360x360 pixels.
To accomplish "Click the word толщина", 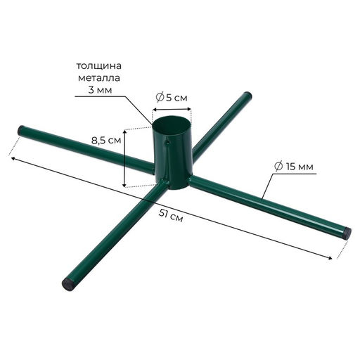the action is pyautogui.click(x=99, y=66).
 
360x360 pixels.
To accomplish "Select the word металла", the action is pyautogui.click(x=99, y=78).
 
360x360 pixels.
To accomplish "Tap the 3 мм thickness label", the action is pyautogui.click(x=100, y=90).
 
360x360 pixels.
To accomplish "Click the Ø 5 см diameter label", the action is pyautogui.click(x=172, y=98).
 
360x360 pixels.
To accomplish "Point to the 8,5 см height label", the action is pyautogui.click(x=106, y=141).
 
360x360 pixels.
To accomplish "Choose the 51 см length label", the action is pyautogui.click(x=171, y=216).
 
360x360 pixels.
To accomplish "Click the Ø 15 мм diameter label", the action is pyautogui.click(x=294, y=167).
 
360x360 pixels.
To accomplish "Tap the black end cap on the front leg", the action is pyautogui.click(x=68, y=284).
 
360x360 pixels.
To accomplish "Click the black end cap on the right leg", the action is pyautogui.click(x=347, y=233).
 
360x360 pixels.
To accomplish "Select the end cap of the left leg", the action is pyautogui.click(x=22, y=130).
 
